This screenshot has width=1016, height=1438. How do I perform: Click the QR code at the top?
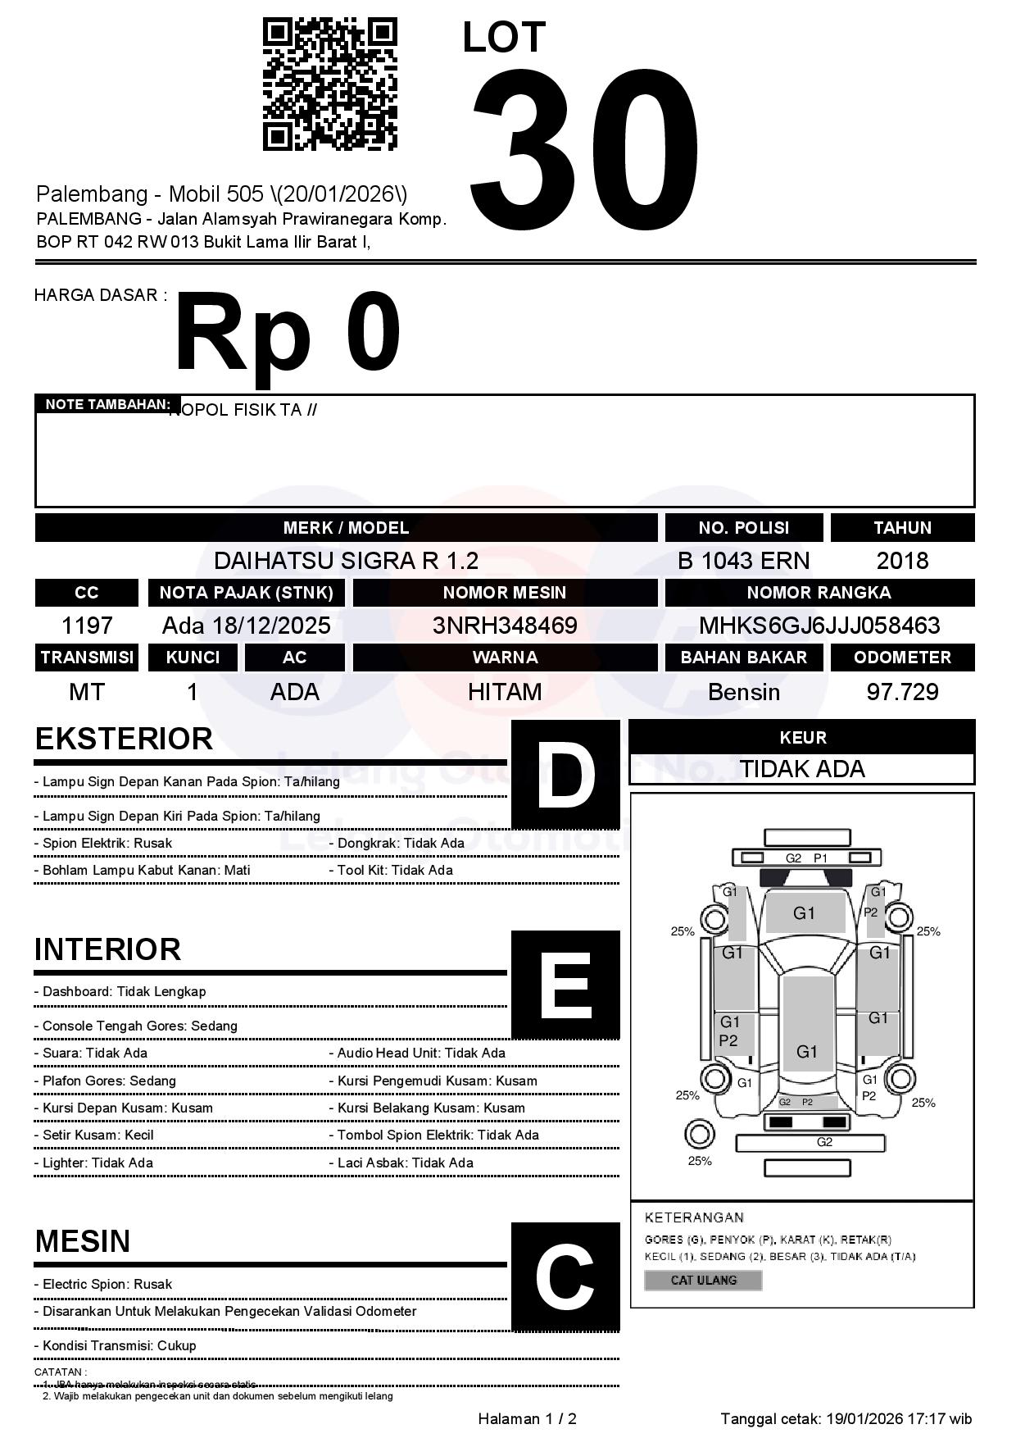329,84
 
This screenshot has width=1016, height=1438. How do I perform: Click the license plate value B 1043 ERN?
743,561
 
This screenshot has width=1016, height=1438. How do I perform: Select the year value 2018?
902,561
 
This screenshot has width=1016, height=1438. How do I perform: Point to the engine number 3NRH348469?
505,626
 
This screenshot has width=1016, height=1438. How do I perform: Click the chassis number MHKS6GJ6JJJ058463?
819,626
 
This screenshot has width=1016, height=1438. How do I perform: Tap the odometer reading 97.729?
902,692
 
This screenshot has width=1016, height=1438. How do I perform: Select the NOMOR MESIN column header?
505,593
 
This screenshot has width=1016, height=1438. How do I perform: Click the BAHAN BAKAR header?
743,658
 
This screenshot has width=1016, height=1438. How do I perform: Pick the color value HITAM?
505,692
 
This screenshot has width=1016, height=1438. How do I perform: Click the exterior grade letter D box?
565,775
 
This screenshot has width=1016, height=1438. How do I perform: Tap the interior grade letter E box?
565,985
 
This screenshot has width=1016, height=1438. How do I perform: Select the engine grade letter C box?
565,1276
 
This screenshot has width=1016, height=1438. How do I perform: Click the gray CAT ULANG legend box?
703,1280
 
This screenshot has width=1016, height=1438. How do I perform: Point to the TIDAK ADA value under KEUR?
802,769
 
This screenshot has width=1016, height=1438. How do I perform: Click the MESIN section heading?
83,1241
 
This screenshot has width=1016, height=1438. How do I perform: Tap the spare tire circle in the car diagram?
700,1135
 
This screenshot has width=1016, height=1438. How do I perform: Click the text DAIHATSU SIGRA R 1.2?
346,561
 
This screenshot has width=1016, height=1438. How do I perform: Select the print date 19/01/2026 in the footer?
864,1419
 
